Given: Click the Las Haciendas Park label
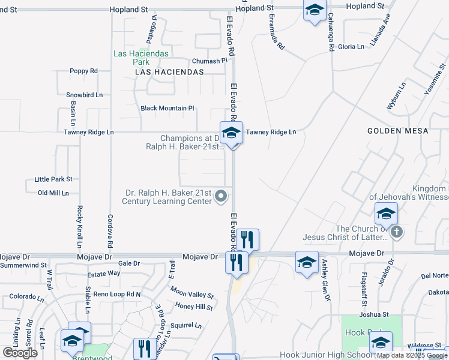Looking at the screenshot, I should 131,58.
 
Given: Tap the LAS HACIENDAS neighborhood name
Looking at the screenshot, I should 170,72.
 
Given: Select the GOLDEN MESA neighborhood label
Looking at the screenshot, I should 398,131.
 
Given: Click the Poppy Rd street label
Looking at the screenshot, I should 83,71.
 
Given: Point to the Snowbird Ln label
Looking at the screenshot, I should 85,95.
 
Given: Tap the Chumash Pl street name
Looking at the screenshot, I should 209,61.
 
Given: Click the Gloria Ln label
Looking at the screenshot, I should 351,47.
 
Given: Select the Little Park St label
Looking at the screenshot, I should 53,179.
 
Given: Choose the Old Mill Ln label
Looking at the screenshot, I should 53,193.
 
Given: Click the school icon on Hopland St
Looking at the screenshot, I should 314,10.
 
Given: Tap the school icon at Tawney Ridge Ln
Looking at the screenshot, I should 231,133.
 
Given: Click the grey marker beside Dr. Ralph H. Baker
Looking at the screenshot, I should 221,196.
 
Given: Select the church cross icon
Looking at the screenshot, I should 396,232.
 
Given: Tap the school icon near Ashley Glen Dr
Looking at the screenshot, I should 307,262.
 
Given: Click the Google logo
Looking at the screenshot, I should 20,353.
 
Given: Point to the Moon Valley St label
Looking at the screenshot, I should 191,295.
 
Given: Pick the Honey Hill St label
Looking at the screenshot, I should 194,307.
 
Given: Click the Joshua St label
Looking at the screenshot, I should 374,314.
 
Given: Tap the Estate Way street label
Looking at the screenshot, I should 104,274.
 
